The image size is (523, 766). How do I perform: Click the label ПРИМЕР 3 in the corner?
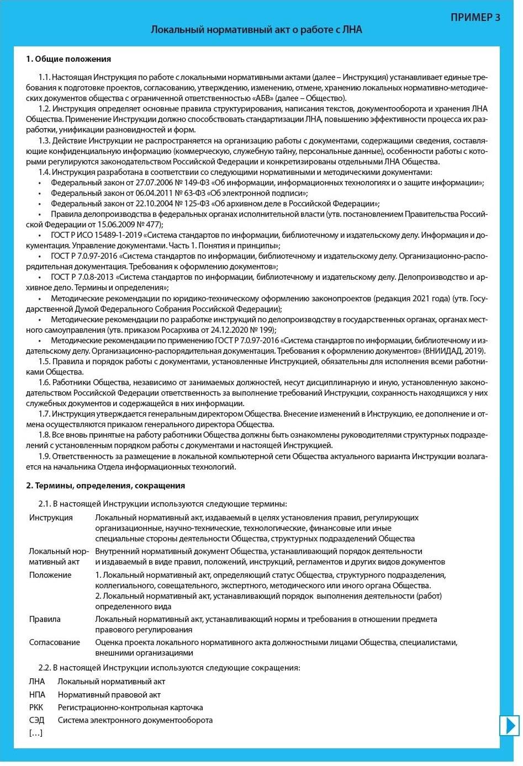pyautogui.click(x=475, y=17)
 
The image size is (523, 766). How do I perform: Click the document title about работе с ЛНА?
pyautogui.click(x=256, y=30)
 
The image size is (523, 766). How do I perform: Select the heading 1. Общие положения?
pyautogui.click(x=68, y=59)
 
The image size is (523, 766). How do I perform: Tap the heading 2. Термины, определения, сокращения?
pyautogui.click(x=105, y=486)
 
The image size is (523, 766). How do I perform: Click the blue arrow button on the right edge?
pyautogui.click(x=509, y=725)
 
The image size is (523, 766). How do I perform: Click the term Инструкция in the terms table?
pyautogui.click(x=51, y=518)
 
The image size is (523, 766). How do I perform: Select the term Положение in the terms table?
pyautogui.click(x=50, y=575)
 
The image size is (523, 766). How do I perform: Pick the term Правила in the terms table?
pyautogui.click(x=45, y=619)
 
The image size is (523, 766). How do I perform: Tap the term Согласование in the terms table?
pyautogui.click(x=55, y=642)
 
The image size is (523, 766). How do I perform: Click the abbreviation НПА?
pyautogui.click(x=37, y=695)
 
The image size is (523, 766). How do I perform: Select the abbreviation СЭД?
pyautogui.click(x=37, y=720)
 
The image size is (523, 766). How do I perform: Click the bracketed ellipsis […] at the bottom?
pyautogui.click(x=35, y=733)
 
